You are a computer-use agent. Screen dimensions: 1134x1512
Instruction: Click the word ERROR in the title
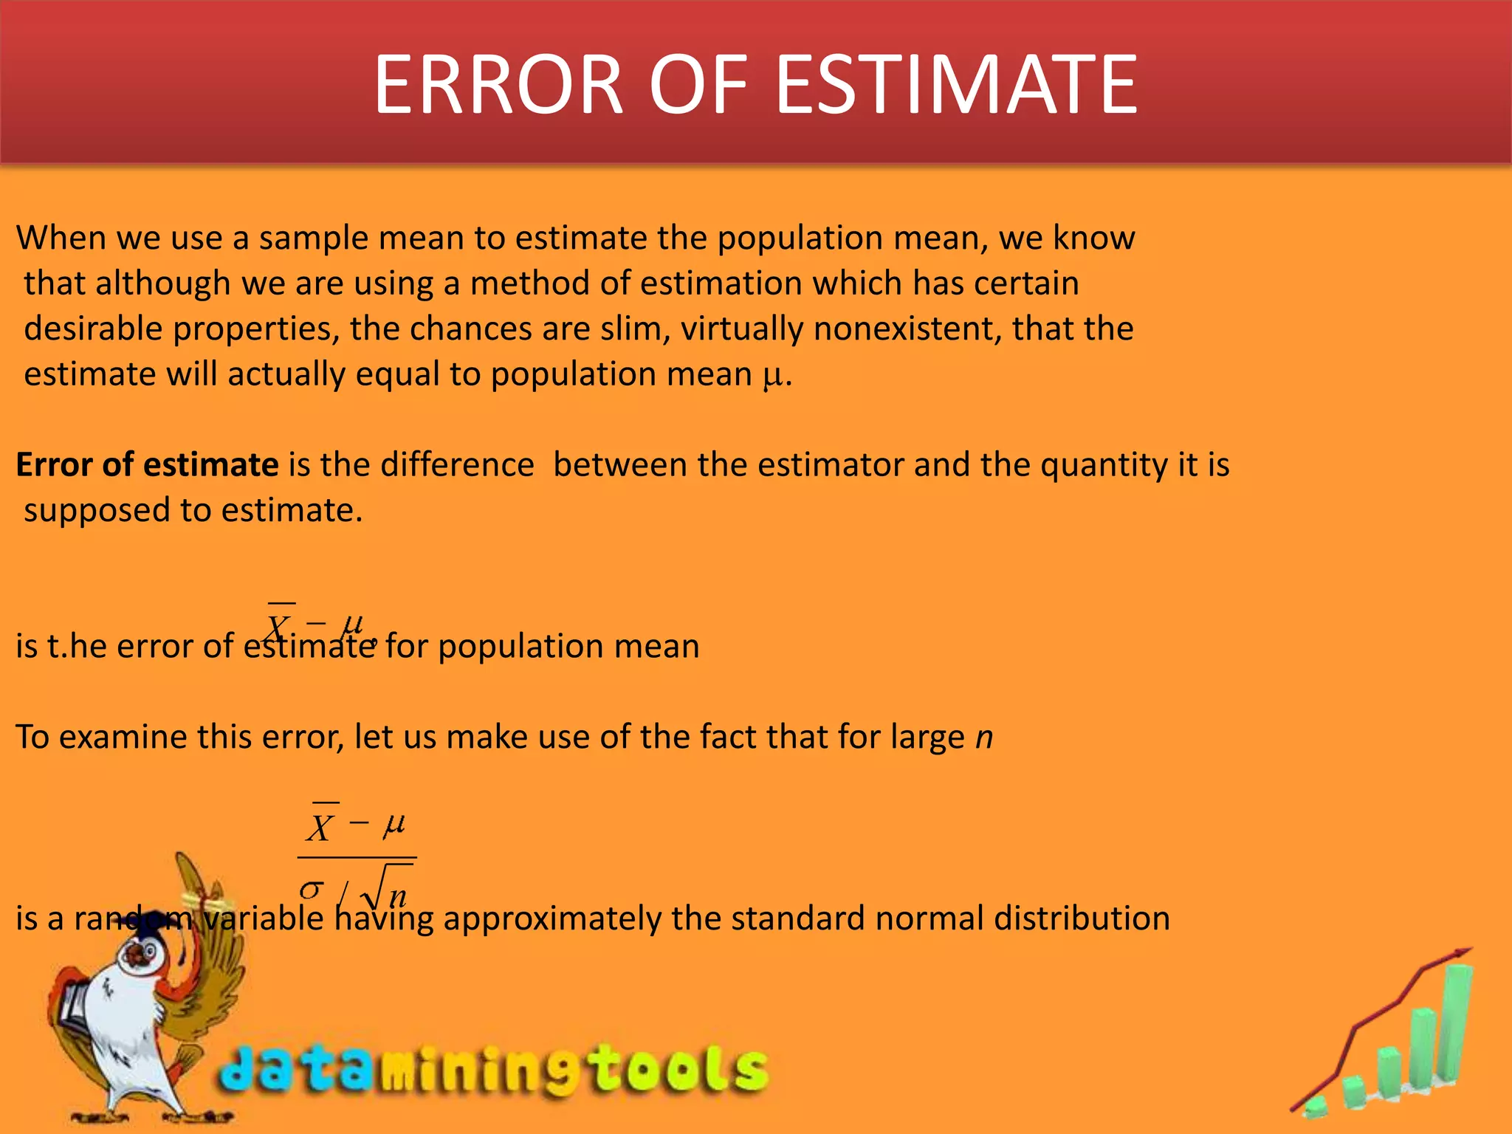click(x=498, y=85)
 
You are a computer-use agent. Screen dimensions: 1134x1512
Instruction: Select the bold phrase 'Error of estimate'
click(x=147, y=465)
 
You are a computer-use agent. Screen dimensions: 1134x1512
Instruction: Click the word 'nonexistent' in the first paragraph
click(x=907, y=329)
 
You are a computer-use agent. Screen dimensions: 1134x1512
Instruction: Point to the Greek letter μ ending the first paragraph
click(x=772, y=375)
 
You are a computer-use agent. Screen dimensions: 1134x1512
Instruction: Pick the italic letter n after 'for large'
click(x=984, y=738)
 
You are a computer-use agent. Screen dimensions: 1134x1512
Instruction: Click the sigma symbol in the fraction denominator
click(x=312, y=890)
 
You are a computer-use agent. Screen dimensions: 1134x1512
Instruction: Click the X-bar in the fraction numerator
click(x=321, y=825)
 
